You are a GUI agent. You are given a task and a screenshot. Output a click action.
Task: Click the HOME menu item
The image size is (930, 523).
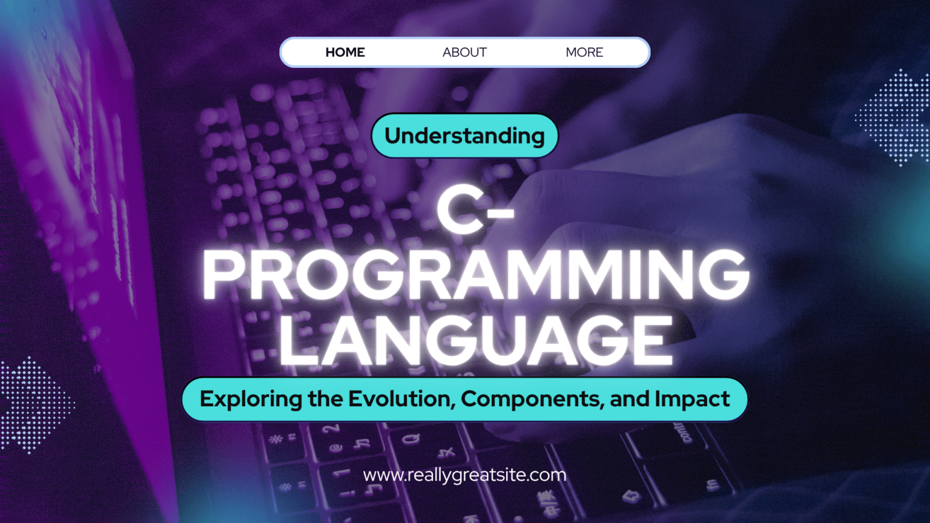[345, 52]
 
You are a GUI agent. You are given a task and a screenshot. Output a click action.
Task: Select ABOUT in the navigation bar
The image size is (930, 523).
[464, 52]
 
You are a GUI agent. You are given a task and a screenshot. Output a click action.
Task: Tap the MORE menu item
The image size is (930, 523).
[584, 52]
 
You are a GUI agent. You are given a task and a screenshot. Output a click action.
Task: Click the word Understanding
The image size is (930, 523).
[464, 136]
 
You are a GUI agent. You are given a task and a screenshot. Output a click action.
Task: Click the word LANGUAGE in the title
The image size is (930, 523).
[477, 340]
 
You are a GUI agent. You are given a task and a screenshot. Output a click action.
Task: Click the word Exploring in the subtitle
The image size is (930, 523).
[251, 400]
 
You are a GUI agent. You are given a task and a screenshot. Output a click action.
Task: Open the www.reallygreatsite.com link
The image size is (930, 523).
[464, 475]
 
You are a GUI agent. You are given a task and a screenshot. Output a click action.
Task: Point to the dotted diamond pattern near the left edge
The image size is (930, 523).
[35, 405]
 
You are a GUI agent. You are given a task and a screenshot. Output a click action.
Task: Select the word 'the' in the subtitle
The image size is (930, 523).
[326, 399]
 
